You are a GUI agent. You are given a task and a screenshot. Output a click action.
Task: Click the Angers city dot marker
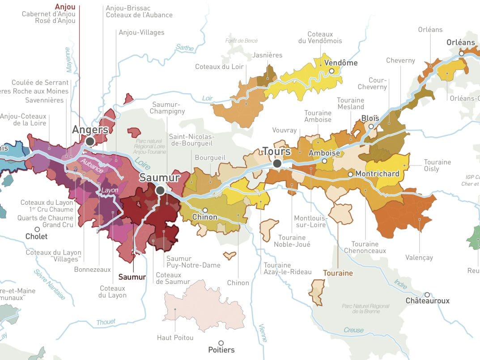(90, 141)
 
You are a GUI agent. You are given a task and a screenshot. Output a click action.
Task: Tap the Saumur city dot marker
(160, 191)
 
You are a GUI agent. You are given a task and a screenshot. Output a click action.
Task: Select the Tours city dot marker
(277, 164)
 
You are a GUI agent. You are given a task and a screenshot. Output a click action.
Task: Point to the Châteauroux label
(427, 301)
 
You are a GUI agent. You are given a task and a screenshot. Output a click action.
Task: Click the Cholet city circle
(37, 229)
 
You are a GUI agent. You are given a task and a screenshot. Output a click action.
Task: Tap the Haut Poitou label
(175, 338)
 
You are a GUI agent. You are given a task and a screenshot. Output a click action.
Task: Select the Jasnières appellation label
(268, 55)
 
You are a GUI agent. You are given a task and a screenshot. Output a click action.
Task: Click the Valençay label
(419, 258)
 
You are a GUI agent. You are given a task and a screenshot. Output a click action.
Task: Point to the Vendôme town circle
(331, 71)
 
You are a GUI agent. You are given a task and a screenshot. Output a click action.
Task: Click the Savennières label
(44, 100)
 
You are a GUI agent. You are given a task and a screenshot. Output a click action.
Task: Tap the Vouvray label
(285, 130)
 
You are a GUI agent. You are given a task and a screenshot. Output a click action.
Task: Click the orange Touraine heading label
(338, 273)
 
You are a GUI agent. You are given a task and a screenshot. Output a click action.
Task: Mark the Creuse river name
(353, 330)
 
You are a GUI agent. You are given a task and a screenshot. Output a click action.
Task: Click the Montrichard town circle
(350, 174)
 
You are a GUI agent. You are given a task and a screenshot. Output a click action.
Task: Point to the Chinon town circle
(205, 210)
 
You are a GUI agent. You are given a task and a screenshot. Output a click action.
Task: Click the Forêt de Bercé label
(242, 41)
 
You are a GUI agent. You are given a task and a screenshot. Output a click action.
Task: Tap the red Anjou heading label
(65, 7)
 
